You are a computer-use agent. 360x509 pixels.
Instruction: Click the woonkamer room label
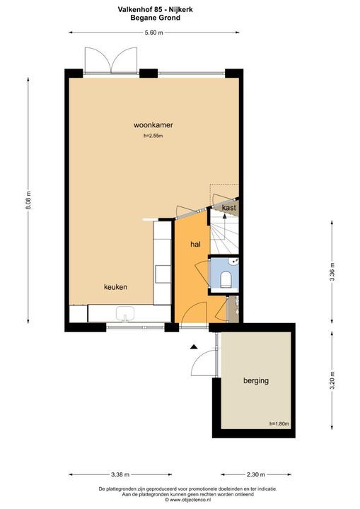153,125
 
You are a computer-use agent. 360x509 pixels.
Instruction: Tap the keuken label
115,287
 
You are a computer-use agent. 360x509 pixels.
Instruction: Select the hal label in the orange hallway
195,244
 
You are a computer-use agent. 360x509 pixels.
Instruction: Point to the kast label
228,208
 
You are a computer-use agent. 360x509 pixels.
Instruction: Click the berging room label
255,380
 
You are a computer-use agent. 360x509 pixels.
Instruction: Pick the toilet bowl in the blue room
226,280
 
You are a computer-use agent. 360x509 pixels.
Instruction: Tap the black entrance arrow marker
193,346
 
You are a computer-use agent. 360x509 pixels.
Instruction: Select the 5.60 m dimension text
153,33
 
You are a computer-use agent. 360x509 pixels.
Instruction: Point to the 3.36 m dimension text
332,271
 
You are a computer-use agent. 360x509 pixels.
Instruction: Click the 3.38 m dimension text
120,475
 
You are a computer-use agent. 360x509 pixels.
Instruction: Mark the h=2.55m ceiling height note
153,136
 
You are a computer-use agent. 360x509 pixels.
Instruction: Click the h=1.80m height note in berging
279,423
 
